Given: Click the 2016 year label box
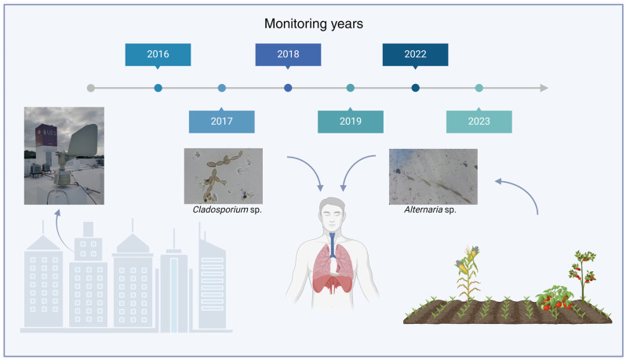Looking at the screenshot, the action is pyautogui.click(x=158, y=55).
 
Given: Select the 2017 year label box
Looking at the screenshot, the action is pyautogui.click(x=221, y=122).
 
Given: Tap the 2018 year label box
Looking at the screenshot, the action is pyautogui.click(x=288, y=55).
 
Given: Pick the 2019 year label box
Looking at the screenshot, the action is pyautogui.click(x=351, y=122).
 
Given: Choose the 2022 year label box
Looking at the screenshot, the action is pyautogui.click(x=415, y=55).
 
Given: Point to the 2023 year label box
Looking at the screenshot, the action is pyautogui.click(x=479, y=122).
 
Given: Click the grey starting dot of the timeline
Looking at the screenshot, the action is pyautogui.click(x=91, y=88).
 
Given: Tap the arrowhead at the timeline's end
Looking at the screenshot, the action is pyautogui.click(x=544, y=88).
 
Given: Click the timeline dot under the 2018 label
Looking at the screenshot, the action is pyautogui.click(x=288, y=88).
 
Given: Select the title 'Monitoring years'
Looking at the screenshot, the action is pyautogui.click(x=314, y=24).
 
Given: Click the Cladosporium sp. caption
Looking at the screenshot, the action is pyautogui.click(x=227, y=209).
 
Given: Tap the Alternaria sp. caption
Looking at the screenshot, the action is pyautogui.click(x=430, y=209).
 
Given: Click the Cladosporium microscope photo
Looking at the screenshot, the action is pyautogui.click(x=223, y=176).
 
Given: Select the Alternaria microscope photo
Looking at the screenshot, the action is pyautogui.click(x=433, y=176).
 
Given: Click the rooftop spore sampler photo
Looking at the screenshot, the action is pyautogui.click(x=64, y=155).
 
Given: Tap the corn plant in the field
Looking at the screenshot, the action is pyautogui.click(x=468, y=274).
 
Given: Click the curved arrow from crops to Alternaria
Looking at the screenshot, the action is pyautogui.click(x=526, y=189).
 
